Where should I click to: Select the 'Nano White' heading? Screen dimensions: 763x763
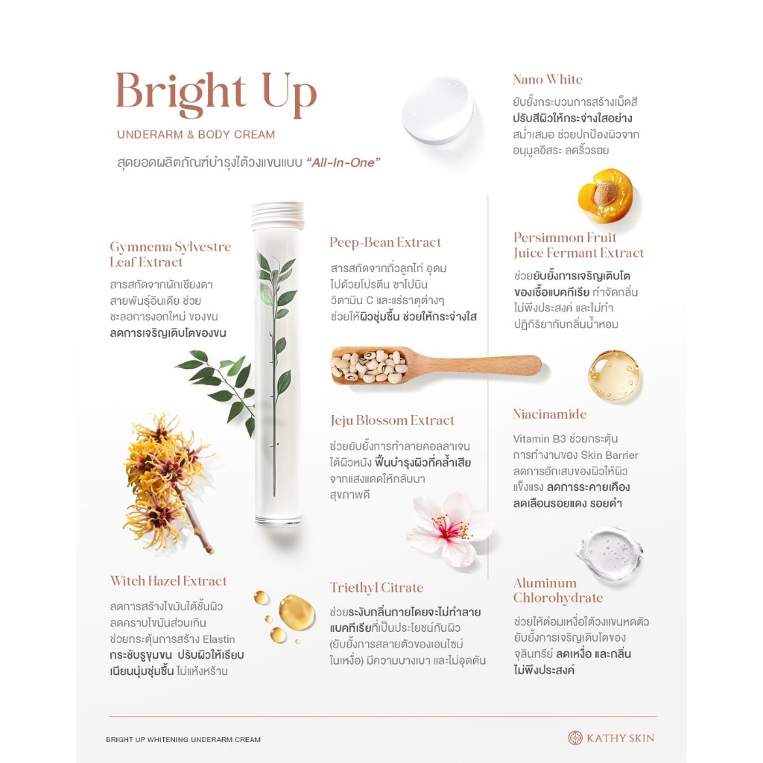[x=548, y=79]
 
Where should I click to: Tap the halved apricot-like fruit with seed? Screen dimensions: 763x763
[x=606, y=196]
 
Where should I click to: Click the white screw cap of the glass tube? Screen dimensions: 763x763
[x=278, y=215]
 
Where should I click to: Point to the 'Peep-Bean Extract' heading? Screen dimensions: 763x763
[x=385, y=242]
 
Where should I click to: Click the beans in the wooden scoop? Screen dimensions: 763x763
[x=369, y=366]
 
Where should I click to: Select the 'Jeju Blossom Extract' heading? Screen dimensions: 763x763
[x=392, y=420]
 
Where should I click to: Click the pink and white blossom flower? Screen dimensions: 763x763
[x=449, y=529]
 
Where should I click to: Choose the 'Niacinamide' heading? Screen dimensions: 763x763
[x=549, y=414]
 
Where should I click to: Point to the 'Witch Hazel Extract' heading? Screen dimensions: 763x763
[x=168, y=580]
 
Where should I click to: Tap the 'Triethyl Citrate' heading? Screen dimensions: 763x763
[x=376, y=587]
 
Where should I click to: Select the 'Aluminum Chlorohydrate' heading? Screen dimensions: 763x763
[x=557, y=590]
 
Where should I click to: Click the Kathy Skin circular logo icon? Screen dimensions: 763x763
[x=575, y=738]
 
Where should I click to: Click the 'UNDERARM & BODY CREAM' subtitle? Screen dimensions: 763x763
[x=196, y=134]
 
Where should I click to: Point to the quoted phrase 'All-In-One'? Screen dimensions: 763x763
[x=343, y=162]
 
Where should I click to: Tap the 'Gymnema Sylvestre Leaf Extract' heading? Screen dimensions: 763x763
[x=171, y=254]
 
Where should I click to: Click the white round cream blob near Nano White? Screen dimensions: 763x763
[x=437, y=110]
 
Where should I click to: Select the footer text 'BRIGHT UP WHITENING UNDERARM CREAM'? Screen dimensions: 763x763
[x=183, y=740]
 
